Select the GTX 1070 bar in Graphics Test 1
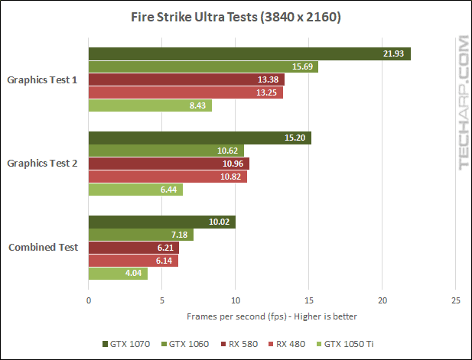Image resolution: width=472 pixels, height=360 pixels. point(249,54)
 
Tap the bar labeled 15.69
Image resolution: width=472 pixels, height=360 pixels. point(203,66)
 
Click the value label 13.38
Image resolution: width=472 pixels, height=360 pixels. point(268,79)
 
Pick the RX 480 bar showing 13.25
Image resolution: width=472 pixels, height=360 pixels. point(186,92)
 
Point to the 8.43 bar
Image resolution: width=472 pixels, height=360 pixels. point(150,105)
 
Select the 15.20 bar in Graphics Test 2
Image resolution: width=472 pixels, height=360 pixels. point(200,138)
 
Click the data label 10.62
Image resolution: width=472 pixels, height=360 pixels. point(227,151)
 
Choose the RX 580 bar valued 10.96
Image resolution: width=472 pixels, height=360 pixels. point(169,164)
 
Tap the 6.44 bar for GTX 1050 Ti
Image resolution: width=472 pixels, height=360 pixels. point(135,190)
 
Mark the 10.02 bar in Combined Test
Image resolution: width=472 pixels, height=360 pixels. point(162,222)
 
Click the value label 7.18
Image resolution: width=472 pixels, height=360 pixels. point(180,235)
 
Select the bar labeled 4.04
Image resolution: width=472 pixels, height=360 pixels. point(118,274)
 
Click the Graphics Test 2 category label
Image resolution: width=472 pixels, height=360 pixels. point(42,164)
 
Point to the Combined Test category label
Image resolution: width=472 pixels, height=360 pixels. point(44,247)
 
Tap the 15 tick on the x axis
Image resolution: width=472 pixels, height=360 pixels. point(309,300)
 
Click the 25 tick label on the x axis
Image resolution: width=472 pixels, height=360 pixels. point(456,300)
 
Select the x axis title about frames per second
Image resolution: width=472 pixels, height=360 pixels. point(272,316)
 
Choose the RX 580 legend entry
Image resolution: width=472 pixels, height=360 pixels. point(239,344)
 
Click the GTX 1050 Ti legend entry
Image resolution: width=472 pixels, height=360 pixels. point(345,344)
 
